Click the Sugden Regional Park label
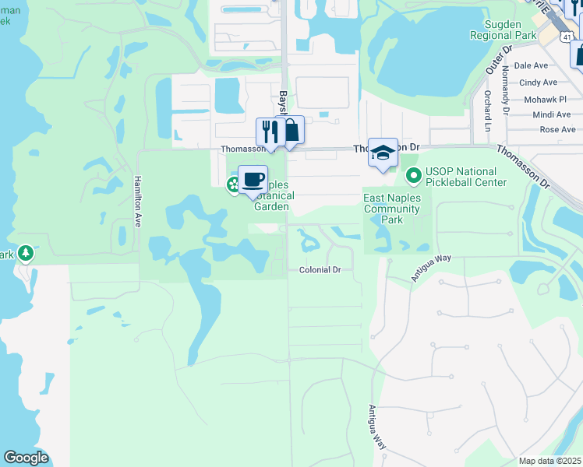pyautogui.click(x=503, y=30)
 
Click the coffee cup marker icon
pyautogui.click(x=253, y=180)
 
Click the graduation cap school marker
pyautogui.click(x=383, y=153)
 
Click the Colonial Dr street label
pyautogui.click(x=320, y=270)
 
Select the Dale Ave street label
pyautogui.click(x=531, y=66)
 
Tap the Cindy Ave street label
pyautogui.click(x=538, y=83)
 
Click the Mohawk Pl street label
pyautogui.click(x=545, y=100)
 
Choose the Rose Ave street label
pyautogui.click(x=557, y=130)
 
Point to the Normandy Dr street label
pyautogui.click(x=505, y=90)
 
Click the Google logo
pyautogui.click(x=26, y=458)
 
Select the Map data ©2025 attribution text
pyautogui.click(x=549, y=461)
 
